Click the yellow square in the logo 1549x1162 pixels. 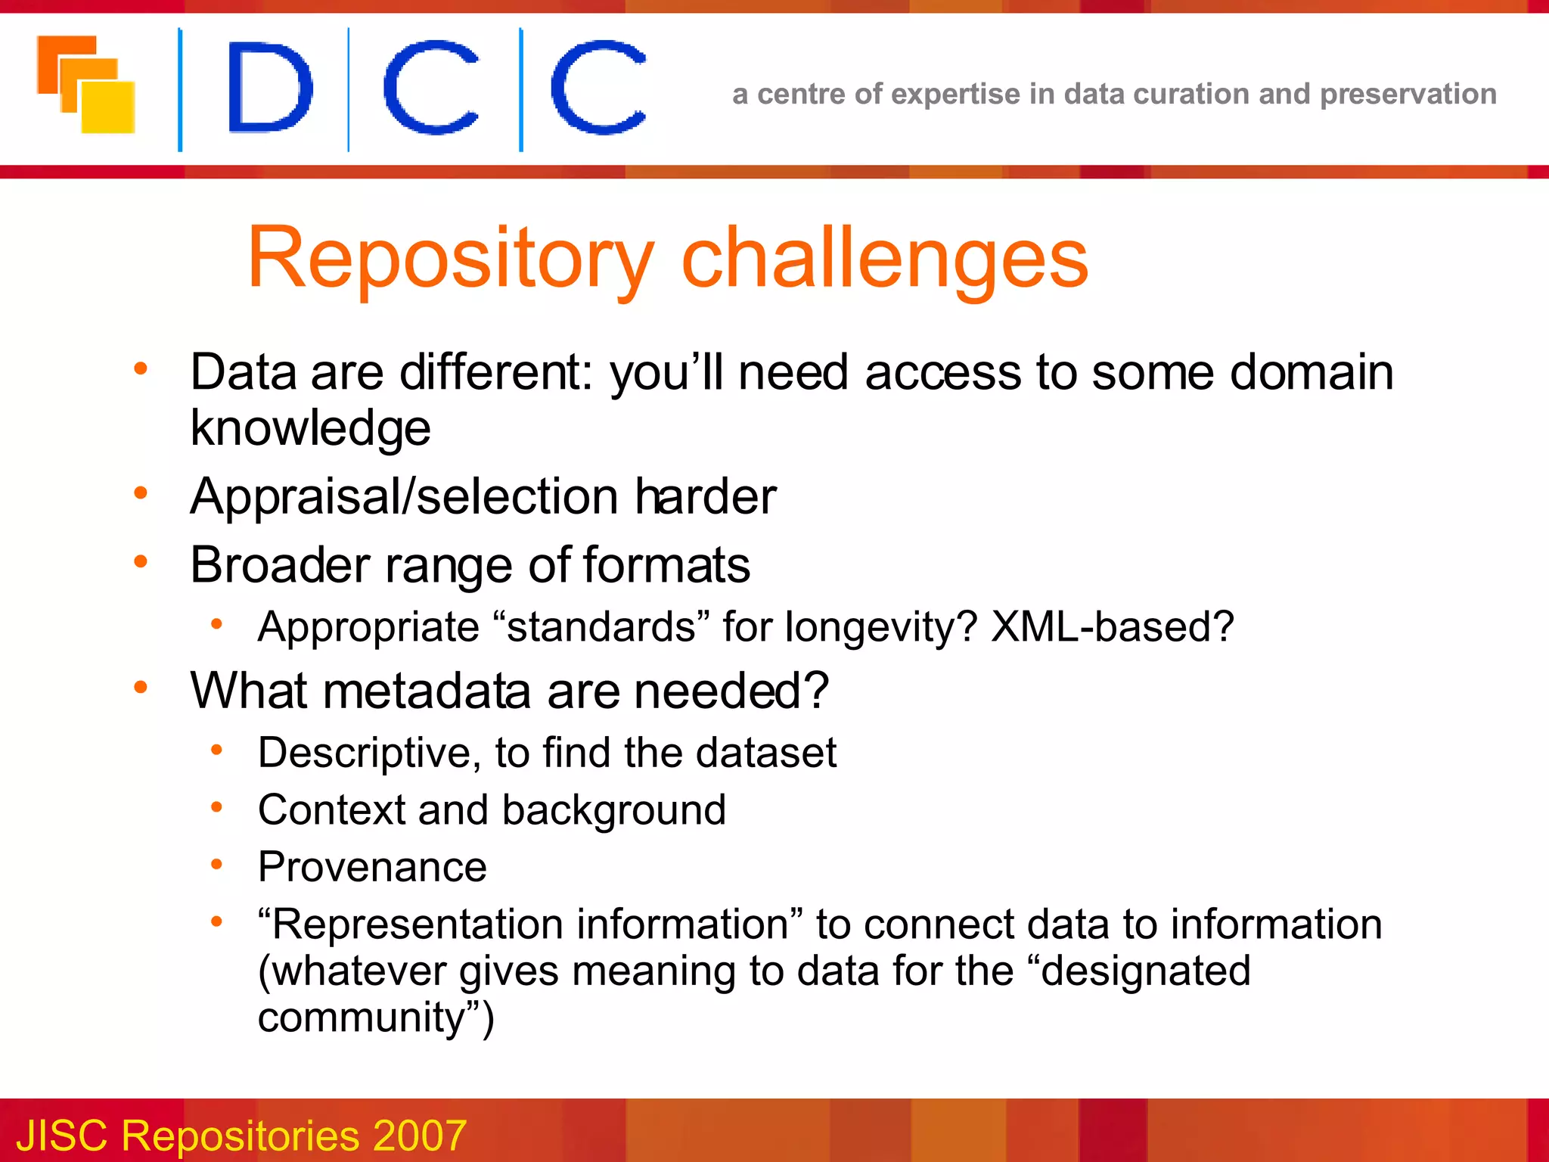[109, 108]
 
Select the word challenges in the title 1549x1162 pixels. [884, 259]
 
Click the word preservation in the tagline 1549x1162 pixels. [1408, 94]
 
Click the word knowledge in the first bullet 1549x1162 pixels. [310, 428]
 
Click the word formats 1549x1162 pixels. [666, 566]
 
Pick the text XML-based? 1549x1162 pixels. [1112, 627]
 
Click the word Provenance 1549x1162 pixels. [372, 867]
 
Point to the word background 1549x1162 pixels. [613, 811]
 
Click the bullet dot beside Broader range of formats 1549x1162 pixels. [141, 561]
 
